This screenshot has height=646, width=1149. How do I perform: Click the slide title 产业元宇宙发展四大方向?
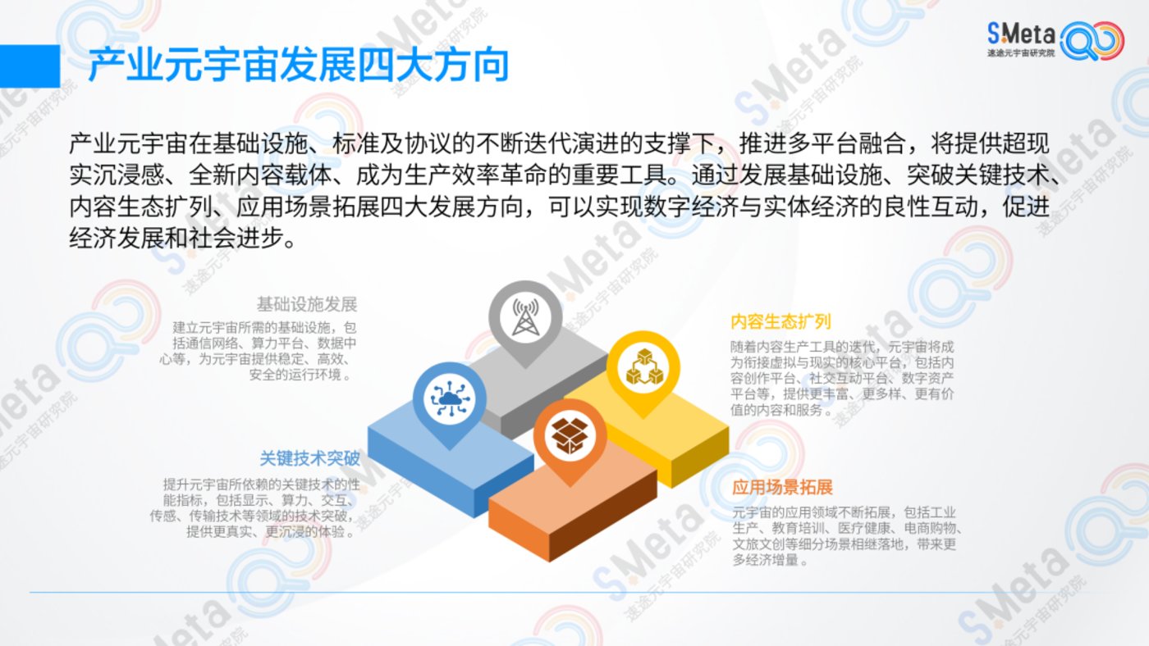point(299,66)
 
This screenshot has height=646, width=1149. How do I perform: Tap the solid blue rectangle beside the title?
point(30,66)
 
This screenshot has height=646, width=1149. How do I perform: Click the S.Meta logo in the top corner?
point(1055,40)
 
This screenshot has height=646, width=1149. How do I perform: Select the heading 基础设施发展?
point(307,304)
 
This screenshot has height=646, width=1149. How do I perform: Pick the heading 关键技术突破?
point(310,458)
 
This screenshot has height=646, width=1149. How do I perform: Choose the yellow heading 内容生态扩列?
point(780,321)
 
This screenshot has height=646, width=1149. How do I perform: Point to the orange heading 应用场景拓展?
point(782,487)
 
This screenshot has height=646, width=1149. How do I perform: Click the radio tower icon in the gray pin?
point(525,317)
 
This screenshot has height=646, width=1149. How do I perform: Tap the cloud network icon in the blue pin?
point(450,398)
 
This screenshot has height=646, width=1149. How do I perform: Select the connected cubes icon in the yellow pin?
point(643,366)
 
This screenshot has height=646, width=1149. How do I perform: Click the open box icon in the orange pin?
point(570,436)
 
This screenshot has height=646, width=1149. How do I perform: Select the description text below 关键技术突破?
point(255,508)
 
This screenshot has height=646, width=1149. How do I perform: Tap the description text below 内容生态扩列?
point(842,378)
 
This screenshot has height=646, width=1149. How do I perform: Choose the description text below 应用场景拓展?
point(846,536)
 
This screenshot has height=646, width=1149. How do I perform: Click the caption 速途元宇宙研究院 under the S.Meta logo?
point(1021,53)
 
